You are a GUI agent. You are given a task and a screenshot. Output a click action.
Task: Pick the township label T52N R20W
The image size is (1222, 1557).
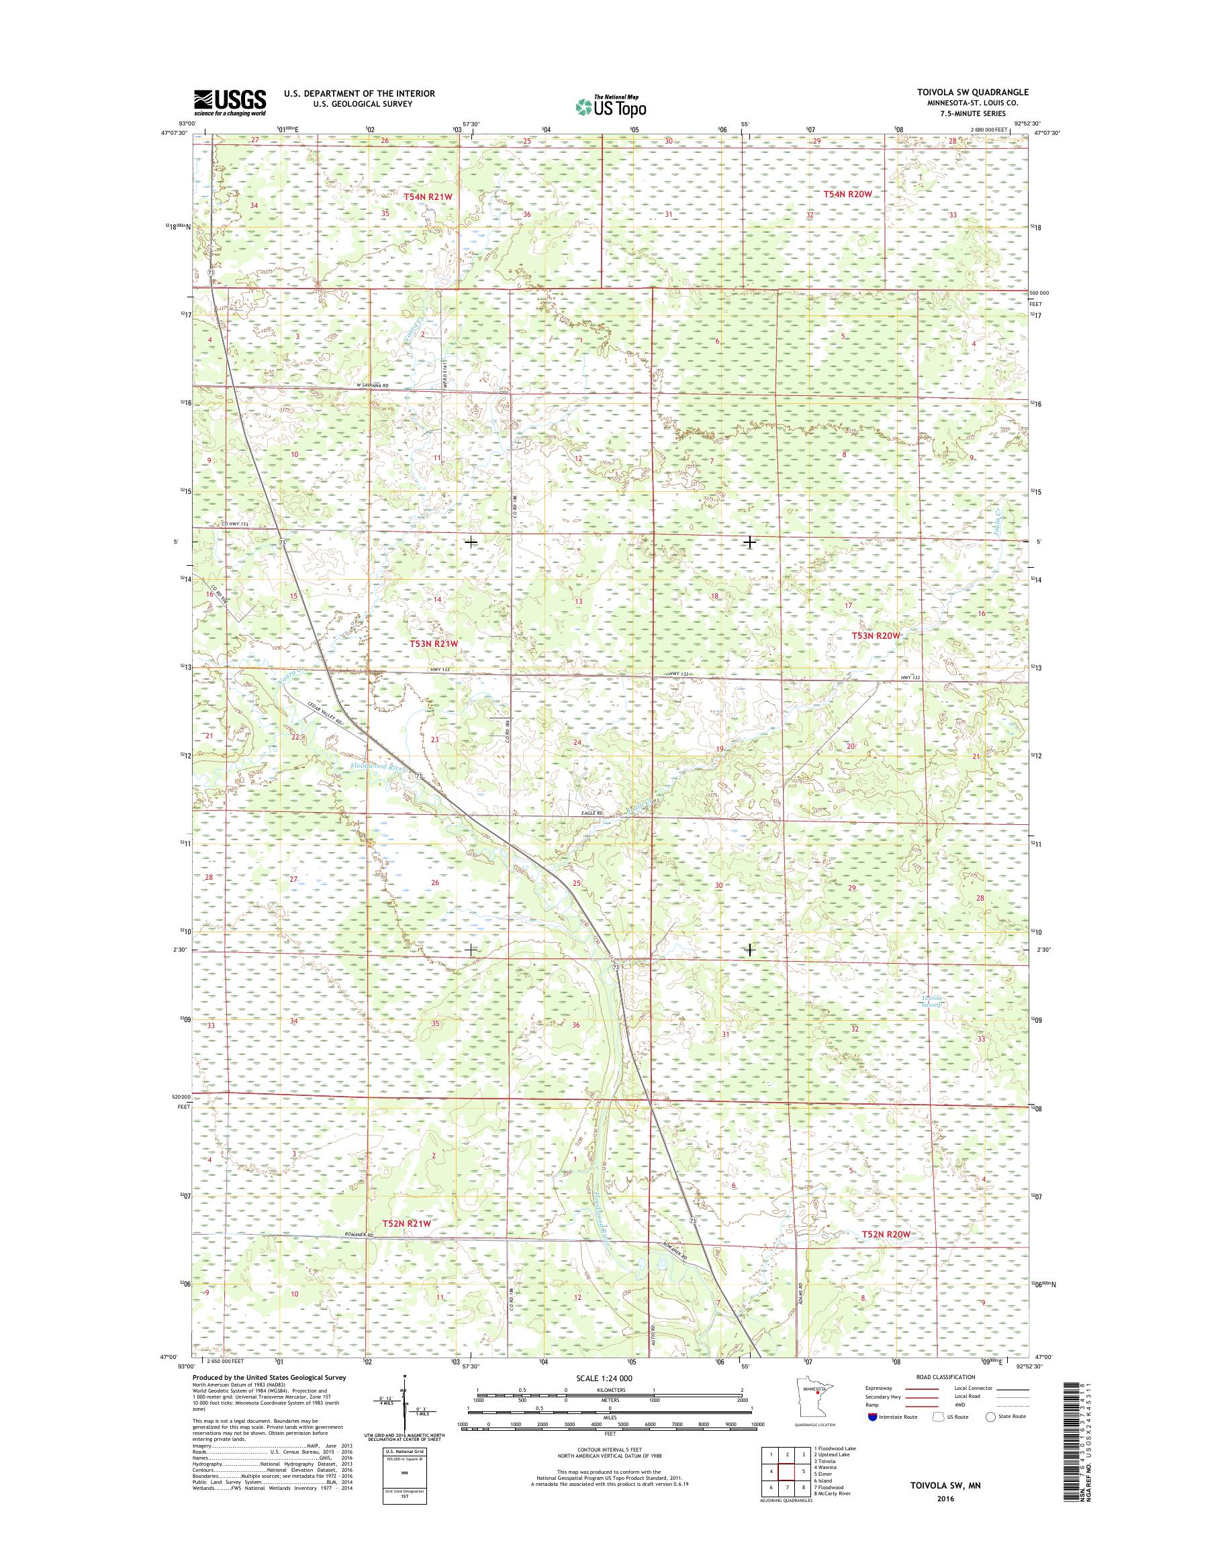click(886, 1234)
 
